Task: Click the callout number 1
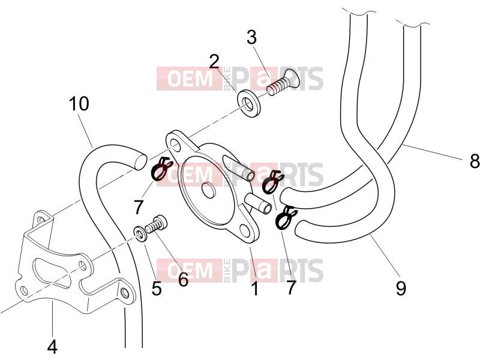click(254, 289)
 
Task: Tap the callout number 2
click(214, 62)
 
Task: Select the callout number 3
click(251, 37)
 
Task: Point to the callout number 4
click(52, 347)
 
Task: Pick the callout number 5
click(157, 289)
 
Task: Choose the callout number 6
click(183, 279)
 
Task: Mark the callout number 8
click(475, 160)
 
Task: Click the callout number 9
click(401, 288)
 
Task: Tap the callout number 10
click(79, 103)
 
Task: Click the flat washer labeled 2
click(248, 103)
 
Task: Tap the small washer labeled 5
click(140, 234)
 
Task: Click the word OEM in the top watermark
click(190, 79)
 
